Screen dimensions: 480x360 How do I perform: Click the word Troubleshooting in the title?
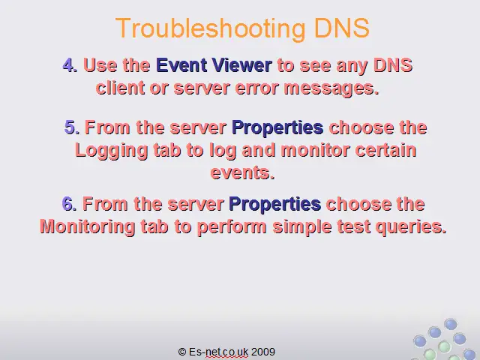tap(211, 28)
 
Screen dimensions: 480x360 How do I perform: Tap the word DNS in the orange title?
tap(342, 28)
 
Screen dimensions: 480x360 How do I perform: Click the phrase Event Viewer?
tap(214, 65)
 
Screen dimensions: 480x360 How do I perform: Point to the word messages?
tap(331, 88)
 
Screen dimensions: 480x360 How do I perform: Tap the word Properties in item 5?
tap(277, 128)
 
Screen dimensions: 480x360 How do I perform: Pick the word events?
tap(243, 172)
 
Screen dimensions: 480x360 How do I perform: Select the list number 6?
tap(69, 203)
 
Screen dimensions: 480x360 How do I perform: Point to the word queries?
tap(411, 227)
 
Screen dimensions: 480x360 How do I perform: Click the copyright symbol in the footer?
tap(181, 352)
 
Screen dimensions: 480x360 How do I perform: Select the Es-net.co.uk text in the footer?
tap(218, 352)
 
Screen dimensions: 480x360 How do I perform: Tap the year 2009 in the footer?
tap(263, 352)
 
